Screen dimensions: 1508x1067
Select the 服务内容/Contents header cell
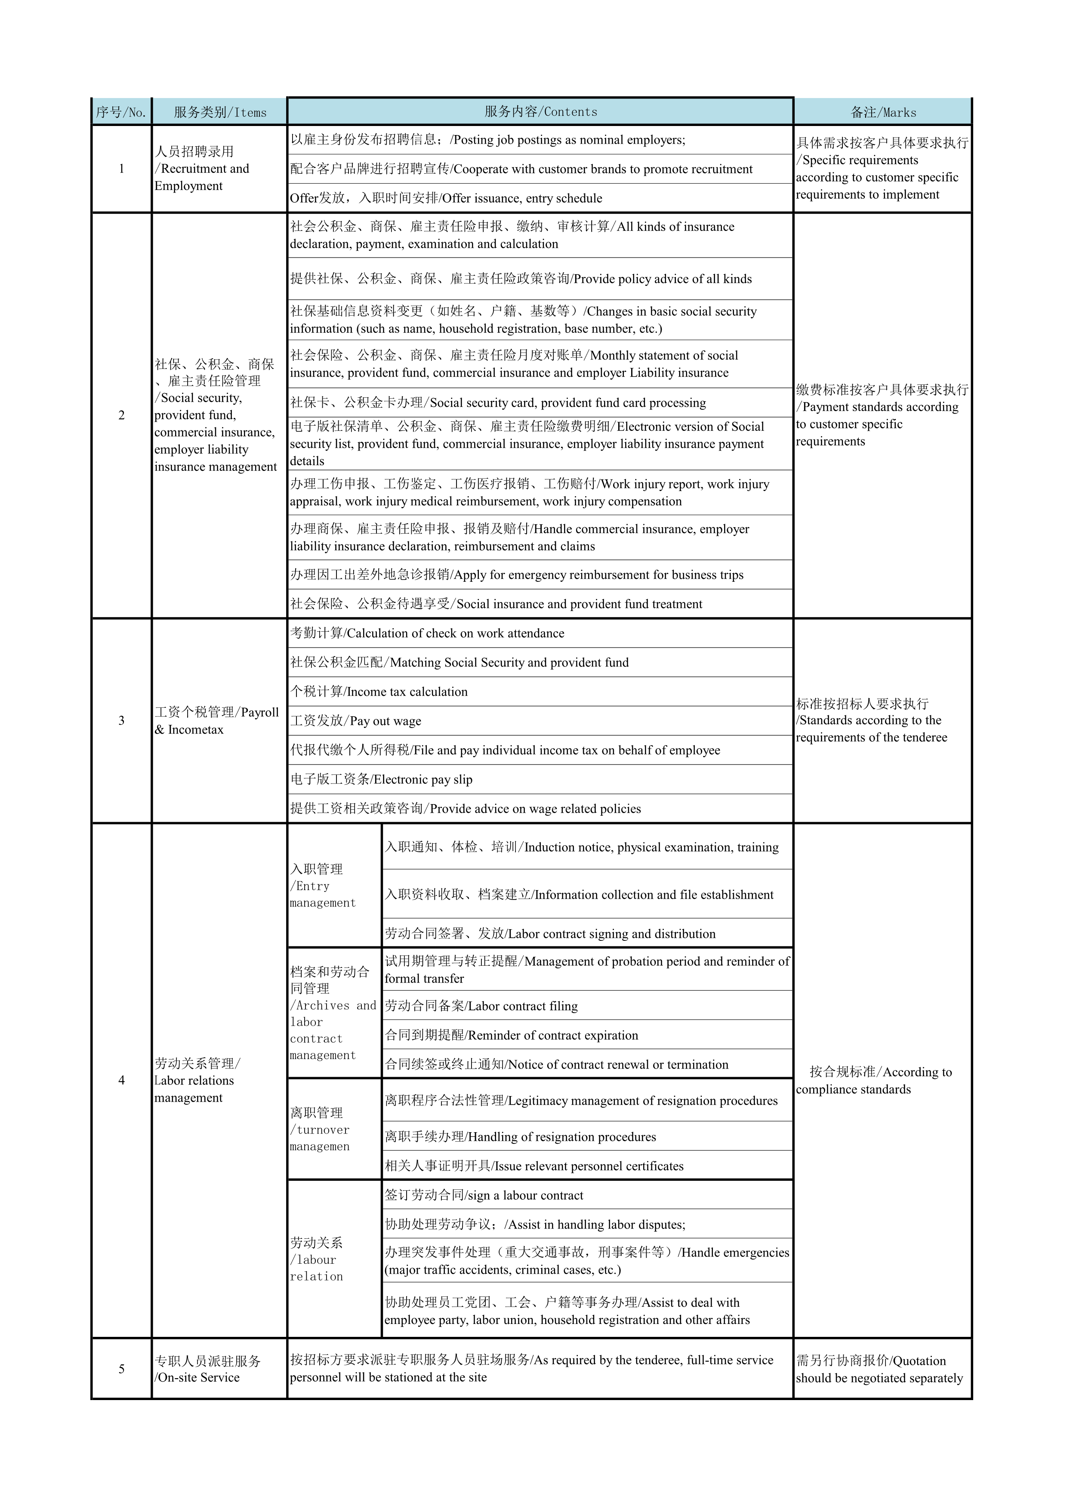540,112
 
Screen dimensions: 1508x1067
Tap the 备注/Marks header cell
882,112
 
